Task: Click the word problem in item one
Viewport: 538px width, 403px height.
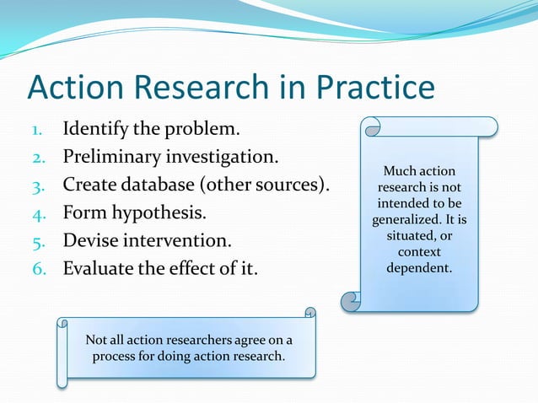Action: click(197, 131)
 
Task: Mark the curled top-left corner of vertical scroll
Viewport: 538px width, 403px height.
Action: click(370, 128)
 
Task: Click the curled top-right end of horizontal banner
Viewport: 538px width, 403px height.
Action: click(309, 314)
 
